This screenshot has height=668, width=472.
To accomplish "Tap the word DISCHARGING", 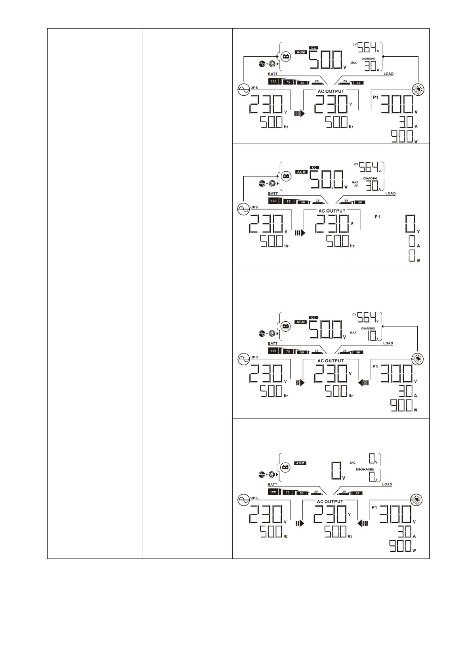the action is click(365, 470).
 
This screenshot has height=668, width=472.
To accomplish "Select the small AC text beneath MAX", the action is click(356, 186).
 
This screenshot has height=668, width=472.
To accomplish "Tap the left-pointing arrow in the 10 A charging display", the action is click(363, 383).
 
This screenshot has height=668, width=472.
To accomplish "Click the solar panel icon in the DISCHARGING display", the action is click(417, 500).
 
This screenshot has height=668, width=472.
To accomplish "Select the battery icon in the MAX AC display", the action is click(285, 176).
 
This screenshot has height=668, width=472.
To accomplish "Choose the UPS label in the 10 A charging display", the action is click(254, 357).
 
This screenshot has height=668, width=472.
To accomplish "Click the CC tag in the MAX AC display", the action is click(314, 168).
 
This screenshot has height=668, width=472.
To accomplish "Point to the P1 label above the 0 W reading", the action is click(377, 217).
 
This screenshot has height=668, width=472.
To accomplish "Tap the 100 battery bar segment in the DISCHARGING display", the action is click(273, 492).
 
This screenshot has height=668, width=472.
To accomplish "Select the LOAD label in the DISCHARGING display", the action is click(387, 484).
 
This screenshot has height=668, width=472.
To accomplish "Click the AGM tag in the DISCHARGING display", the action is click(300, 463).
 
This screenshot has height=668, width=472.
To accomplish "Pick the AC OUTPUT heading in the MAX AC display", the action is click(332, 211).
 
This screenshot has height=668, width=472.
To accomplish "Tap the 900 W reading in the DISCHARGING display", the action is click(401, 547).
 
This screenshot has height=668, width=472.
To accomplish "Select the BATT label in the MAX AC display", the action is click(273, 194).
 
